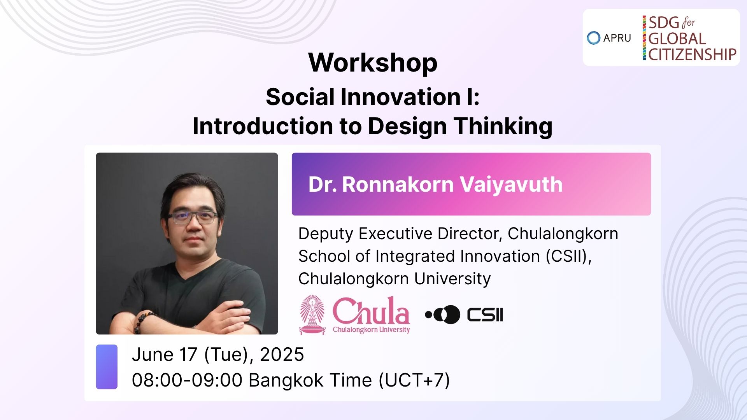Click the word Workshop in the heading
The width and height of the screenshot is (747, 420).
(x=373, y=63)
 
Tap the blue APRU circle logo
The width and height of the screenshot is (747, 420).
(x=594, y=38)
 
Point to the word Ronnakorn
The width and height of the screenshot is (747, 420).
(x=398, y=184)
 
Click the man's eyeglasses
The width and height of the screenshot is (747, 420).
(x=193, y=217)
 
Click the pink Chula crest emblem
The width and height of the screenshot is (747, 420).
(x=312, y=315)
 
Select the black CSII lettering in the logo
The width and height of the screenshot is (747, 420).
(x=485, y=315)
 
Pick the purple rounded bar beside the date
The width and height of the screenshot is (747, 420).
(x=107, y=367)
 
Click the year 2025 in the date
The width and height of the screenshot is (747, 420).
(x=282, y=355)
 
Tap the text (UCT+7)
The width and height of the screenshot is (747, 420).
(x=414, y=380)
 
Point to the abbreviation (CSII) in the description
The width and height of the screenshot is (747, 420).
(x=568, y=256)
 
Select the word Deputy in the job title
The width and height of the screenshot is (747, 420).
(x=326, y=234)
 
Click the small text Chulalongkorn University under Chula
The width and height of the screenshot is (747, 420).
(x=371, y=330)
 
